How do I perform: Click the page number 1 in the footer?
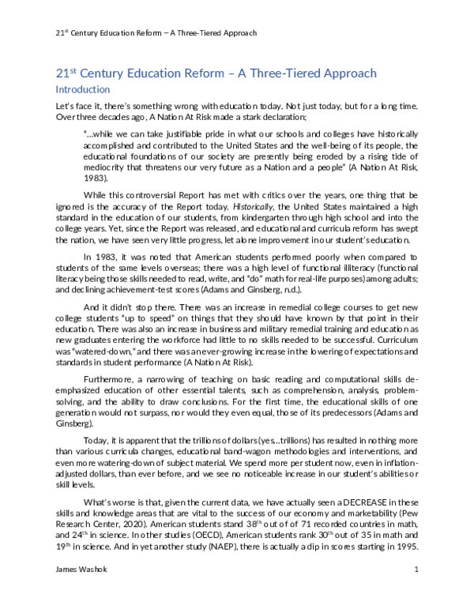(416, 592)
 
